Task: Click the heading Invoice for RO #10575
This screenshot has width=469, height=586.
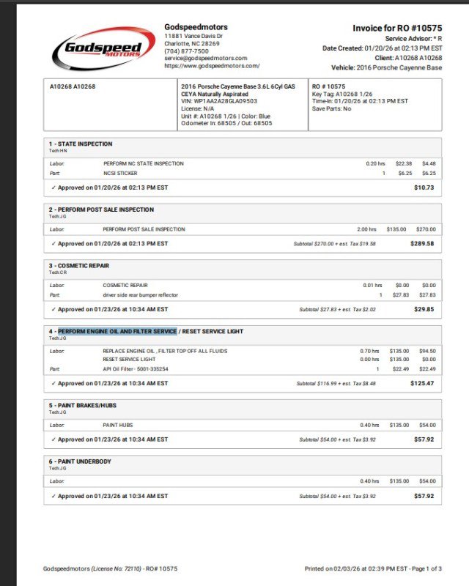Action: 397,28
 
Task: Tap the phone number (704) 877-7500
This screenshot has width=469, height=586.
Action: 186,51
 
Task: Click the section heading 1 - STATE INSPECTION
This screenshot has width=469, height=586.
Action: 81,144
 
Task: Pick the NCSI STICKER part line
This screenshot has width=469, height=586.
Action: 120,174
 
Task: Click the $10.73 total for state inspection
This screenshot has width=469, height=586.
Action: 424,188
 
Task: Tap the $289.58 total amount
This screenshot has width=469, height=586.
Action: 424,243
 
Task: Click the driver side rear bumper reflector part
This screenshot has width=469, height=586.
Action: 140,294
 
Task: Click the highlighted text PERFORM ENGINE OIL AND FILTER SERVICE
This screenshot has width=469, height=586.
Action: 117,331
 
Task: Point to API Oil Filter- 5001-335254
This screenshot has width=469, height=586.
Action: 136,369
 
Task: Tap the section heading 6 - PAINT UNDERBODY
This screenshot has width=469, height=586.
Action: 79,461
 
